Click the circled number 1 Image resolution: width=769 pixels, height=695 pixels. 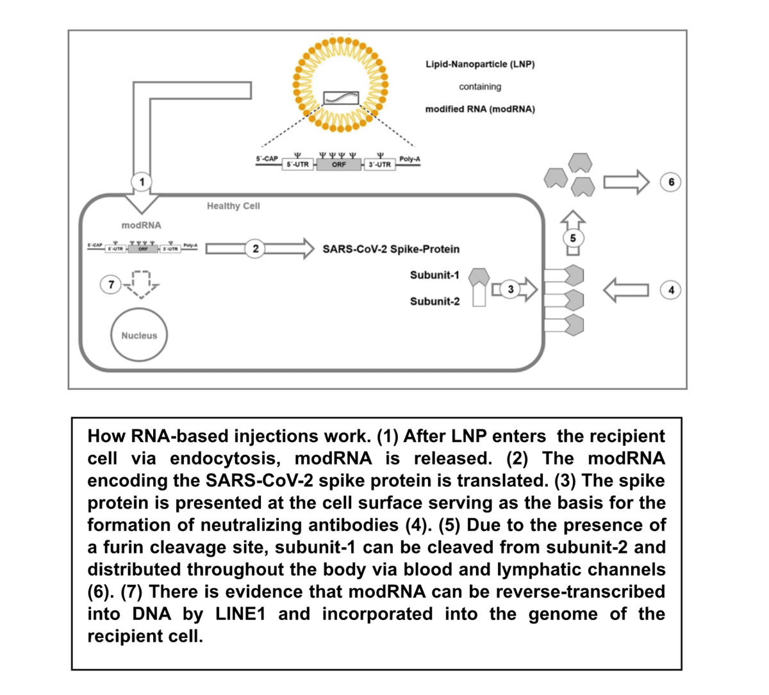(x=142, y=182)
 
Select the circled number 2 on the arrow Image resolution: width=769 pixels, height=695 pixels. (x=255, y=249)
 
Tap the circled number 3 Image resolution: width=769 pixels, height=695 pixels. (x=510, y=290)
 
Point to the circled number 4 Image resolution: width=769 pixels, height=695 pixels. (x=670, y=290)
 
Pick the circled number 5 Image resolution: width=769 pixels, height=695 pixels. (x=573, y=238)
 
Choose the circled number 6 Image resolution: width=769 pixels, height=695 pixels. (x=670, y=182)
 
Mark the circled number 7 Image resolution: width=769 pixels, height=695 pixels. (x=112, y=284)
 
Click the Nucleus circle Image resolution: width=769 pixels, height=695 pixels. (x=139, y=336)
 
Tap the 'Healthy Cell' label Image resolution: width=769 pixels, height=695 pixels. (x=233, y=206)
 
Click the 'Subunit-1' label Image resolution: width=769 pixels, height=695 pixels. (x=434, y=275)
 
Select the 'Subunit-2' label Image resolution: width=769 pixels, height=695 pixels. (x=434, y=301)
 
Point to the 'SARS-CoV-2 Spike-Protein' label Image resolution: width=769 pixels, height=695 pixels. (x=391, y=249)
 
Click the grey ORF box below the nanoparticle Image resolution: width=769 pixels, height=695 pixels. (x=339, y=165)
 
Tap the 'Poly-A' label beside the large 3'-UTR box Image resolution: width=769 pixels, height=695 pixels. (x=409, y=158)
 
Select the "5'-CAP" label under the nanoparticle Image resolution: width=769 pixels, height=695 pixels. (x=267, y=158)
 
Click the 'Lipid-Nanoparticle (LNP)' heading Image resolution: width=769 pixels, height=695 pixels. (x=480, y=64)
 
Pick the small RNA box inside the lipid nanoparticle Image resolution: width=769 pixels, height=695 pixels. (x=340, y=97)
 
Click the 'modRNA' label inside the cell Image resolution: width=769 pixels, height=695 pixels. (x=142, y=225)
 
